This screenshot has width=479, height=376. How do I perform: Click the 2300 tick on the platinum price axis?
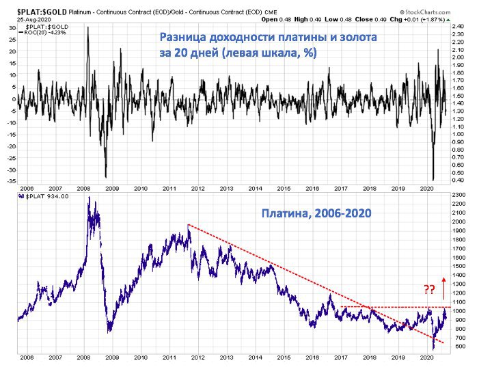[x=459, y=196]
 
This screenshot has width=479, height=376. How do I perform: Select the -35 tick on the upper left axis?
[x=12, y=182]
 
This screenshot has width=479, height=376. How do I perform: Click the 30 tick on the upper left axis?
[x=12, y=28]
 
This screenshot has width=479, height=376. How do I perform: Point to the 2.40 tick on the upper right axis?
[x=459, y=26]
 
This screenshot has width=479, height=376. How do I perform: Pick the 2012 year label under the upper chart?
[x=197, y=188]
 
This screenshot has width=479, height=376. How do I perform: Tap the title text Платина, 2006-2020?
[x=316, y=213]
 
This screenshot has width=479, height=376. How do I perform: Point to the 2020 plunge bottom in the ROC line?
[x=434, y=180]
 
